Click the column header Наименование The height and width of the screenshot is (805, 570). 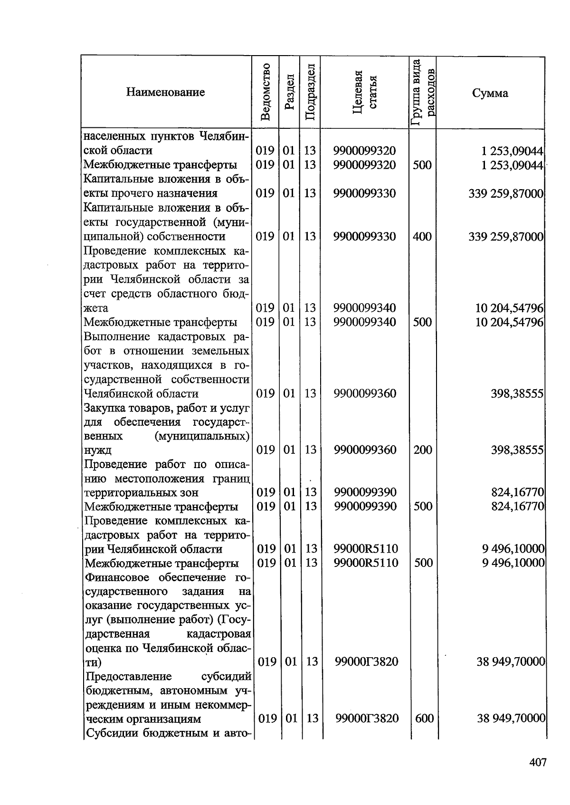(165, 92)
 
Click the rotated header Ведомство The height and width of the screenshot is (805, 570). (266, 92)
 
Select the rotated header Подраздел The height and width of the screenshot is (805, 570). (310, 92)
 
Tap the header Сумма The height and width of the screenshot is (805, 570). (490, 93)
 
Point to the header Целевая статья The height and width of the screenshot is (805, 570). (365, 92)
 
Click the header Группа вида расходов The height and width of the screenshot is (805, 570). (423, 92)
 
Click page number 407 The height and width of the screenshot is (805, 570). (538, 763)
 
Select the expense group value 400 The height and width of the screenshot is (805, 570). (422, 236)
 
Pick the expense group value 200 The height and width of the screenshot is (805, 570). (422, 450)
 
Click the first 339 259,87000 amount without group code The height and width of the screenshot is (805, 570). (505, 193)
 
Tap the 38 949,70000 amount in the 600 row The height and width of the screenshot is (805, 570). (511, 719)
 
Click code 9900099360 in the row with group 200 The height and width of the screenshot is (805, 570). (365, 450)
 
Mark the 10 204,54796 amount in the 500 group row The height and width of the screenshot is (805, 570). (509, 322)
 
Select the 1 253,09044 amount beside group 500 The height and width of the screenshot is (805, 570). (512, 165)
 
